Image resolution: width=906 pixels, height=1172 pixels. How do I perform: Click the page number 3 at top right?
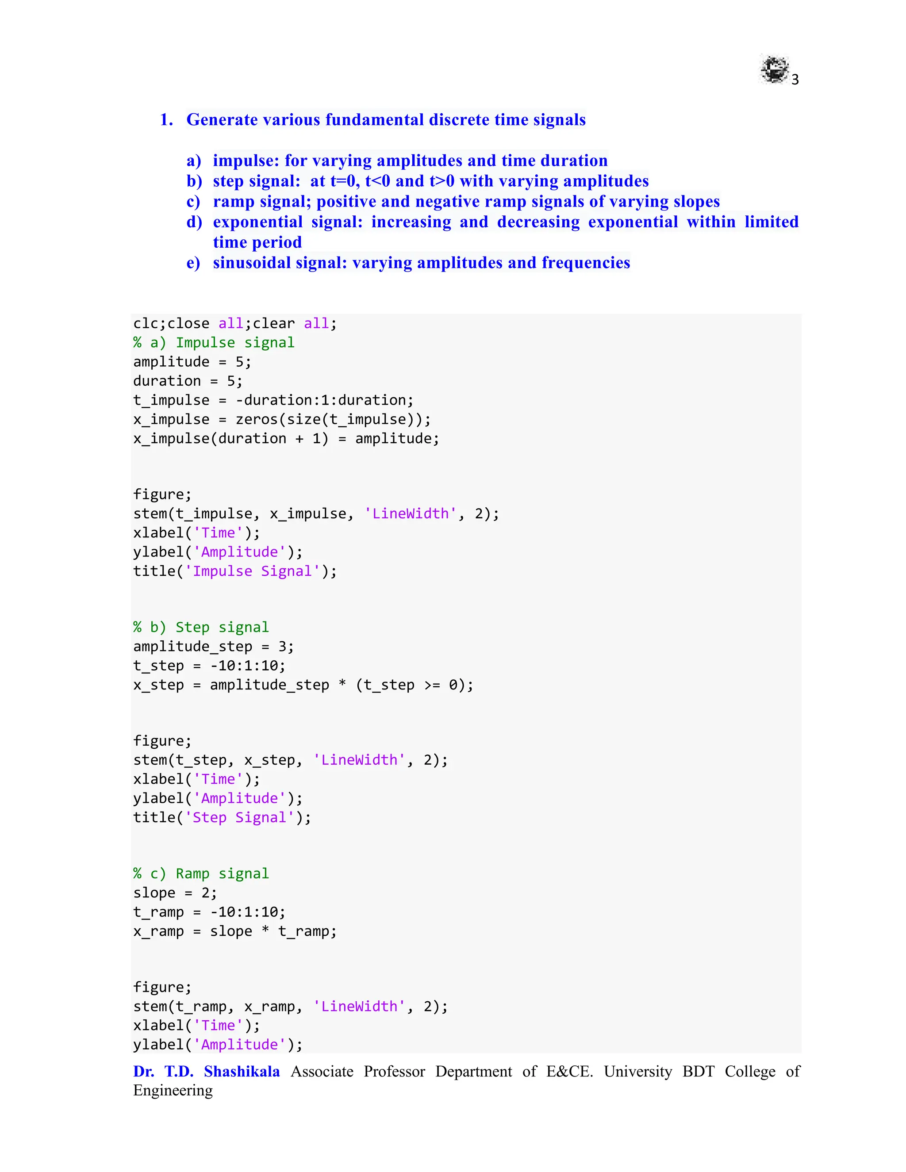pos(795,80)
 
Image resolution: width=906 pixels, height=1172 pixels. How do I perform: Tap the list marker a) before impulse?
pos(194,161)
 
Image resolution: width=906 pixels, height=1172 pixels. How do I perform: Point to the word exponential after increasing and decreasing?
pos(633,222)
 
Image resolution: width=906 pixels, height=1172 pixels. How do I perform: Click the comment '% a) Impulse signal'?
pos(214,342)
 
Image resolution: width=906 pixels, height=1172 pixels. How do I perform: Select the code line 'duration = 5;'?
pos(188,381)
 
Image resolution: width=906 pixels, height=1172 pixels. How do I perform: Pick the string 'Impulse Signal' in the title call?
pos(252,571)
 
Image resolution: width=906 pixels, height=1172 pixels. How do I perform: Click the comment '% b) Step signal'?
pos(201,627)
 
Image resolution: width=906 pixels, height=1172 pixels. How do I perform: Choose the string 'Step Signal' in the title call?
pos(239,817)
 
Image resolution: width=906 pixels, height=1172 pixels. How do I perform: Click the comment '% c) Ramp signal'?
pos(201,873)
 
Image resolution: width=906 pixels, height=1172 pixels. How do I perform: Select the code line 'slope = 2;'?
pos(175,892)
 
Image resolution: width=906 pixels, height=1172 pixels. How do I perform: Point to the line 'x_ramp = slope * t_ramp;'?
pos(235,931)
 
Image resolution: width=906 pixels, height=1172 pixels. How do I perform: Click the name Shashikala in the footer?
pos(242,1071)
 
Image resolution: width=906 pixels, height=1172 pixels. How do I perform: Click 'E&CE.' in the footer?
pos(569,1071)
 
